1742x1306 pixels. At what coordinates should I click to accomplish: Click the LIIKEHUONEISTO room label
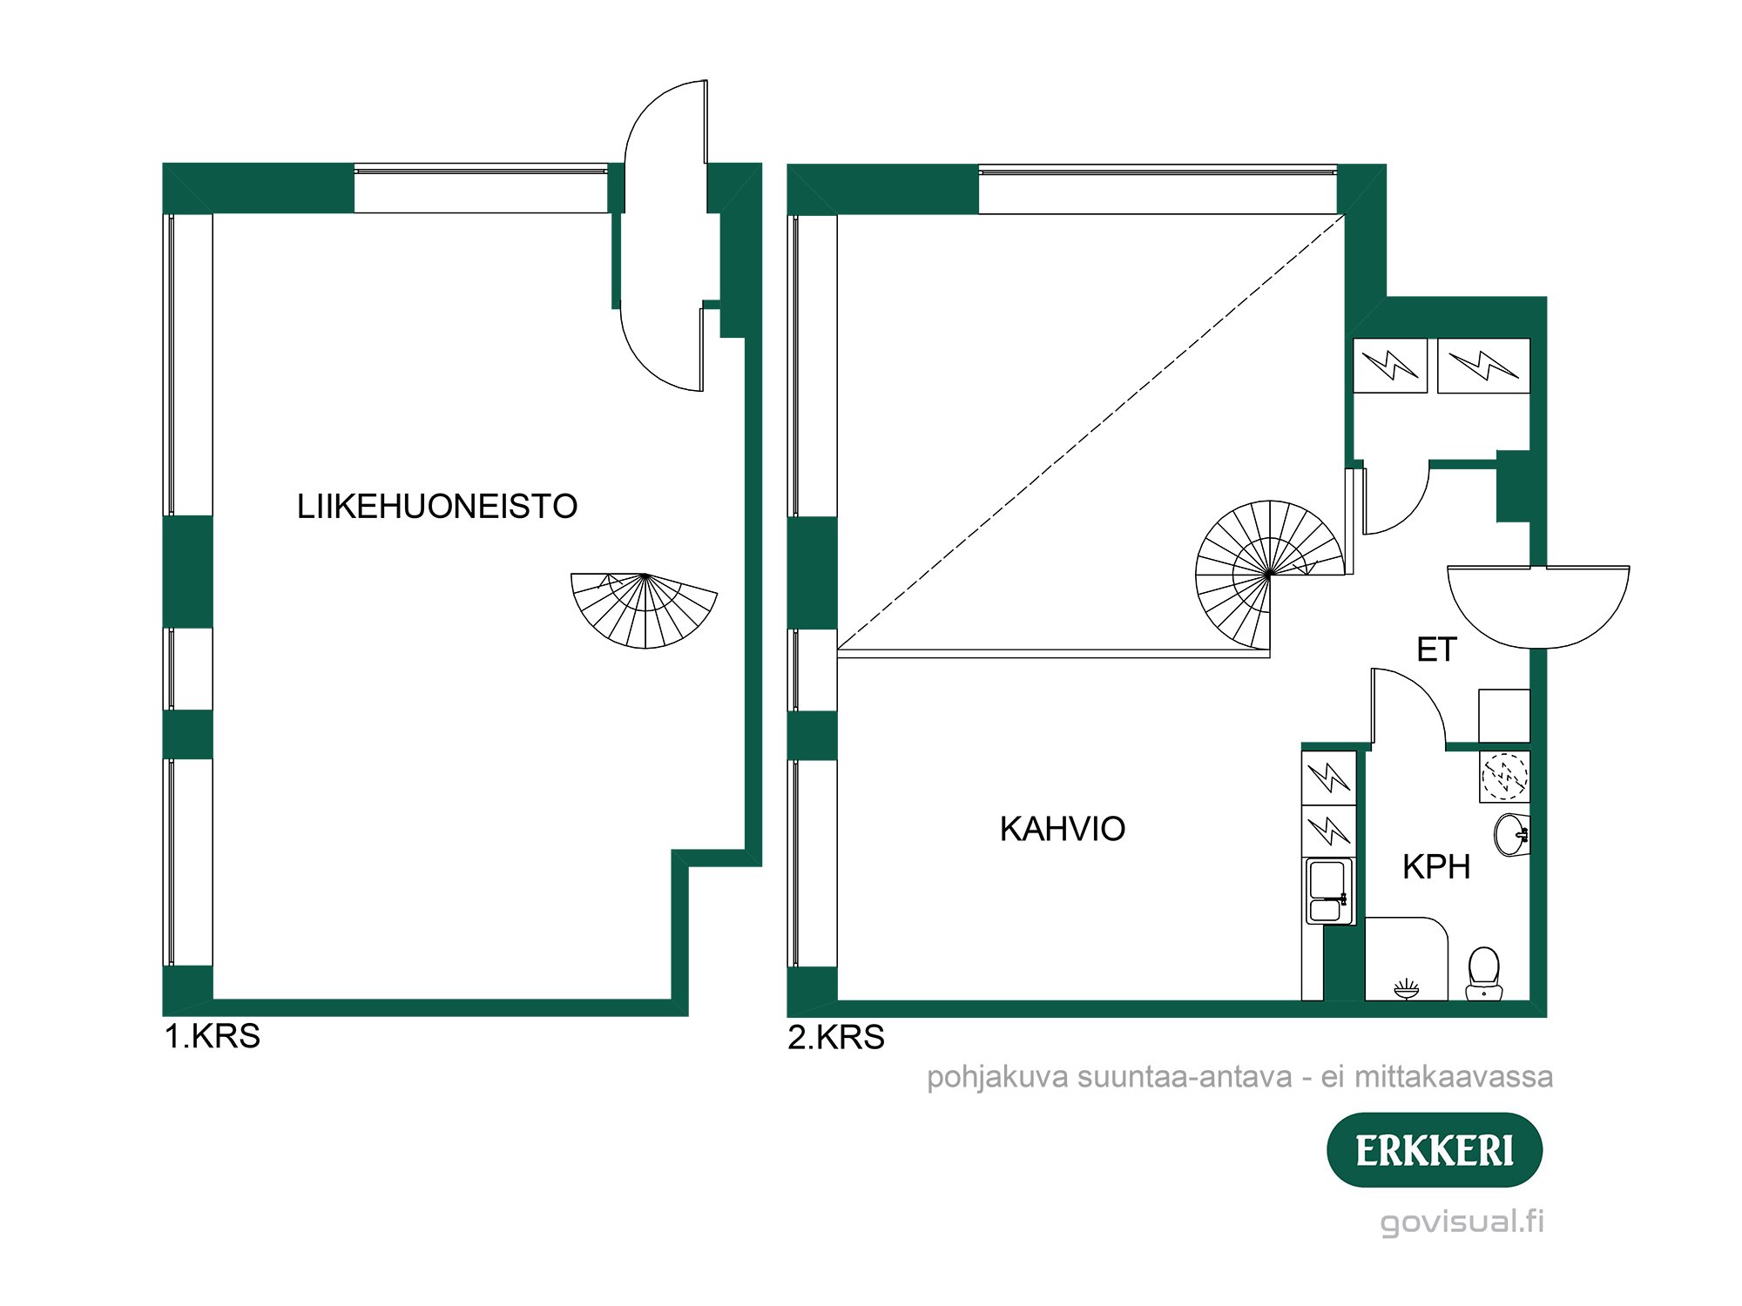(x=436, y=507)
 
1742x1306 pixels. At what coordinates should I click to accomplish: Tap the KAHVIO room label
(x=1062, y=829)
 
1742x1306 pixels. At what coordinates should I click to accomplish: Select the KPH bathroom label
(x=1435, y=867)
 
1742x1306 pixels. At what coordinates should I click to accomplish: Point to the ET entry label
(x=1436, y=650)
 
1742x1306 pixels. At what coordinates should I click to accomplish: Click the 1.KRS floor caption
(x=213, y=1037)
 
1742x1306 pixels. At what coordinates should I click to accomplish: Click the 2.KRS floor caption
(x=836, y=1038)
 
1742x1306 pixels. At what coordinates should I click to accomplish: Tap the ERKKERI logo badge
(x=1434, y=1150)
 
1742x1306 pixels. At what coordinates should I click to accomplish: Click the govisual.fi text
(x=1462, y=1222)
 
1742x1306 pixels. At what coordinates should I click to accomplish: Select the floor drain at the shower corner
(x=1406, y=989)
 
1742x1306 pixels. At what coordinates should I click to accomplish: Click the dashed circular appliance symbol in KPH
(x=1504, y=776)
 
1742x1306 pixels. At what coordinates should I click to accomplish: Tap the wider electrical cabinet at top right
(x=1483, y=366)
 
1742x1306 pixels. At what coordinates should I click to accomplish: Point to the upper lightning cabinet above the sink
(x=1329, y=777)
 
